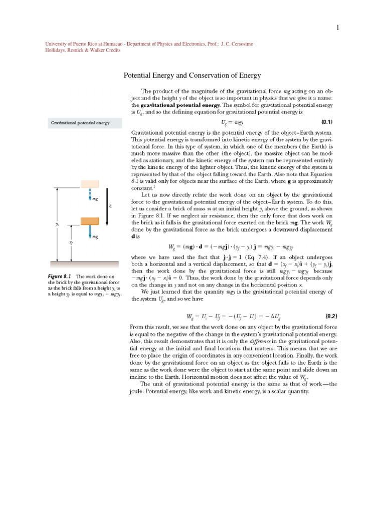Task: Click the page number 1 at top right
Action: tap(338, 28)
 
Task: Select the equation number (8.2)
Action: tap(331, 316)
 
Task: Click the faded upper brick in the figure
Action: tap(89, 184)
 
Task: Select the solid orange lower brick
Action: tap(89, 221)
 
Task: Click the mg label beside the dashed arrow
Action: tap(95, 199)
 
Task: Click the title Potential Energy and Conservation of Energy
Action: tap(192, 76)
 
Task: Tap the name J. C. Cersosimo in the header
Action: tap(237, 44)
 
